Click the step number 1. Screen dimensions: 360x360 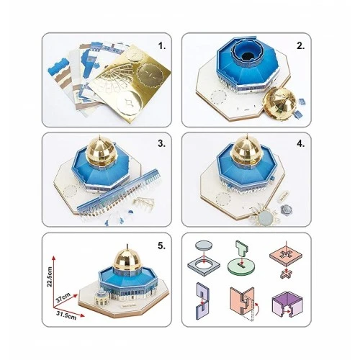(162, 46)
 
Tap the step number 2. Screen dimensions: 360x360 (300, 46)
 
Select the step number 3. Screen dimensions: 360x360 (161, 143)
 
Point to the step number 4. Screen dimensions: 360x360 (300, 143)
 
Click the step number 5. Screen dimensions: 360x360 (161, 246)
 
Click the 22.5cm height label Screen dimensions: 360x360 (50, 276)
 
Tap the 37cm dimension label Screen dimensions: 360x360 (63, 297)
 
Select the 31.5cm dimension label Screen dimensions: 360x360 (66, 315)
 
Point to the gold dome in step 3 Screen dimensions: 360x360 (99, 153)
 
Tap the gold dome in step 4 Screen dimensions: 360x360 (246, 153)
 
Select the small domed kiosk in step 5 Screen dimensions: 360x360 (102, 297)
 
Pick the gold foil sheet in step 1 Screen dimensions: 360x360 (130, 84)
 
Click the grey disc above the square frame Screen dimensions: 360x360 (204, 246)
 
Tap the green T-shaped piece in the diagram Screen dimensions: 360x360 (242, 250)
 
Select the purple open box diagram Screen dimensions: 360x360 (287, 304)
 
